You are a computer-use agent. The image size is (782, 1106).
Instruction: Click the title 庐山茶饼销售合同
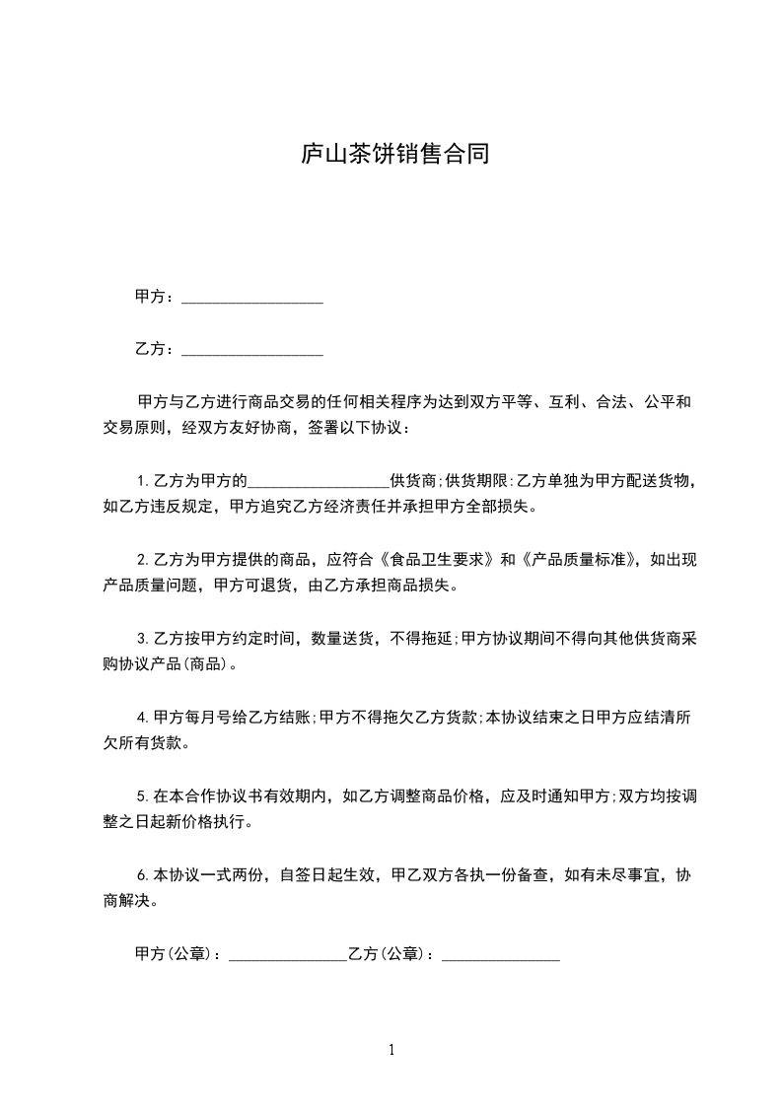(x=394, y=155)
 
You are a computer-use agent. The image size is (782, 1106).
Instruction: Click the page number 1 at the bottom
(x=391, y=1050)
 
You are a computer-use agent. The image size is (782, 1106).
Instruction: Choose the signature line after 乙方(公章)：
(x=501, y=956)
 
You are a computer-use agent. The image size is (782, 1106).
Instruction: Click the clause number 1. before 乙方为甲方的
(x=144, y=482)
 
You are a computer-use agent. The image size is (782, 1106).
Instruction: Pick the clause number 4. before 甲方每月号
(x=144, y=717)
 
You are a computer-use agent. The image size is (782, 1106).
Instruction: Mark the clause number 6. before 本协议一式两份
(x=144, y=874)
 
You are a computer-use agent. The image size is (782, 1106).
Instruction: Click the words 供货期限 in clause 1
(x=477, y=482)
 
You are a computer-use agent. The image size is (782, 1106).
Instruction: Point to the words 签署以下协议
(x=363, y=428)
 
